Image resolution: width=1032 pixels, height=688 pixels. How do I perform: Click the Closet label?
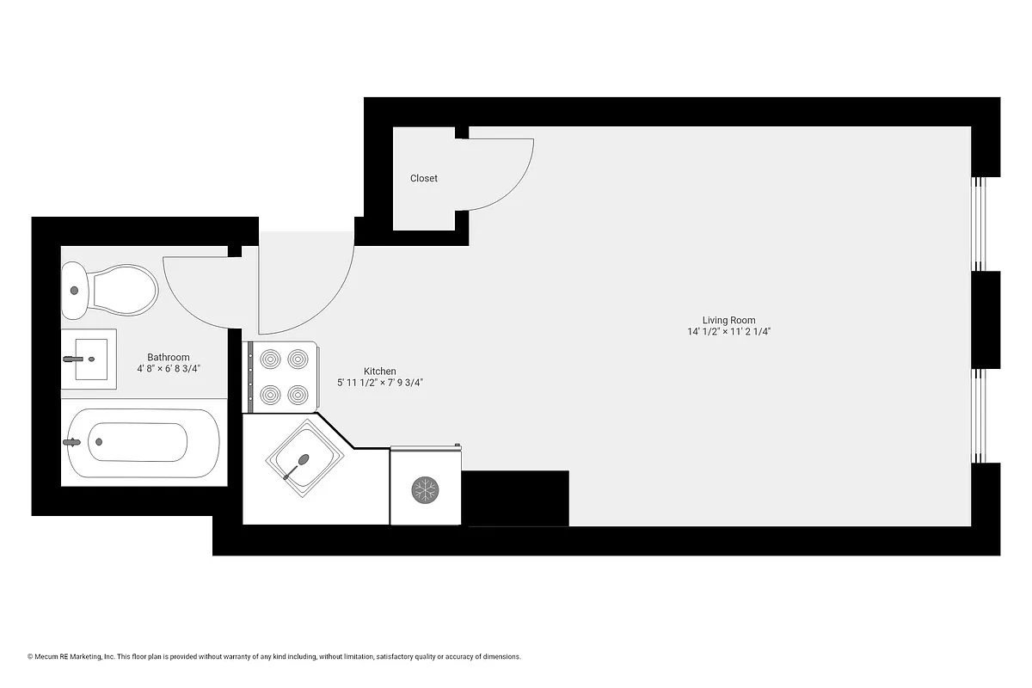click(423, 178)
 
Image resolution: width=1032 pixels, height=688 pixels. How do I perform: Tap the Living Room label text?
click(728, 320)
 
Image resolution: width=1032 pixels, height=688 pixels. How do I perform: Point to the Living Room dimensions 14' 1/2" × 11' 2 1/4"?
click(728, 332)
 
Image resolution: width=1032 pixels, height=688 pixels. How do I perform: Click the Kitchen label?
click(379, 372)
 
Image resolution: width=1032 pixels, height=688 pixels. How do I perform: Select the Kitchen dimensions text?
click(379, 383)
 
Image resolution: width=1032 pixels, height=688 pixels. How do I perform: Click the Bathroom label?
click(168, 357)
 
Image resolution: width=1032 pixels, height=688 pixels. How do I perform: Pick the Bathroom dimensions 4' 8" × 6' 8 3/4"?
click(168, 368)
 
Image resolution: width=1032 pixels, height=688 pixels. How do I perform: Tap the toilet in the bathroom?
click(110, 290)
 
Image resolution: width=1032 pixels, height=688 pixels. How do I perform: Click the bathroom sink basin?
click(89, 359)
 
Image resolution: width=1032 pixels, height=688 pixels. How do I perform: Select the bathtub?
click(143, 443)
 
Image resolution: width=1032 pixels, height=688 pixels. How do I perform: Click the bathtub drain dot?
click(99, 442)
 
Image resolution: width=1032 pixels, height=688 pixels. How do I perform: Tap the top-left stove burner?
click(270, 358)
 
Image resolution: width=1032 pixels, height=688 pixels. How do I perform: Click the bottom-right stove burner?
click(298, 396)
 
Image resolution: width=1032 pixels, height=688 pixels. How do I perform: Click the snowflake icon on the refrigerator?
click(425, 490)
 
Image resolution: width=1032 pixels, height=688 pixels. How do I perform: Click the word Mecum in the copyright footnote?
click(46, 656)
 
